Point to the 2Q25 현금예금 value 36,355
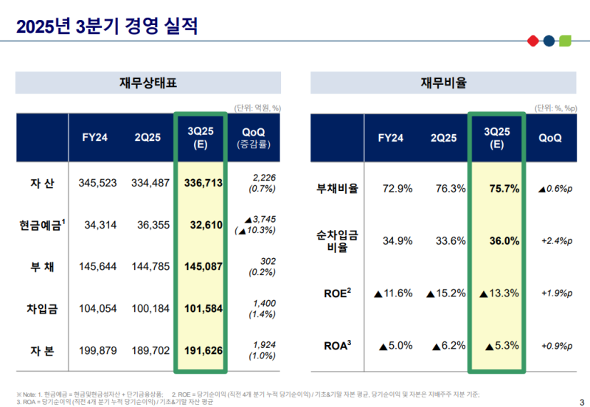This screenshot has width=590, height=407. (152, 224)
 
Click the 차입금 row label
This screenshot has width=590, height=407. (43, 308)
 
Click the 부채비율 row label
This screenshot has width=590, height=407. (338, 189)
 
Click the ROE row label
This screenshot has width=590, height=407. (338, 293)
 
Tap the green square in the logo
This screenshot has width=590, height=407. (566, 41)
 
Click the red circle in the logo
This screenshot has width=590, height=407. (532, 41)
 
